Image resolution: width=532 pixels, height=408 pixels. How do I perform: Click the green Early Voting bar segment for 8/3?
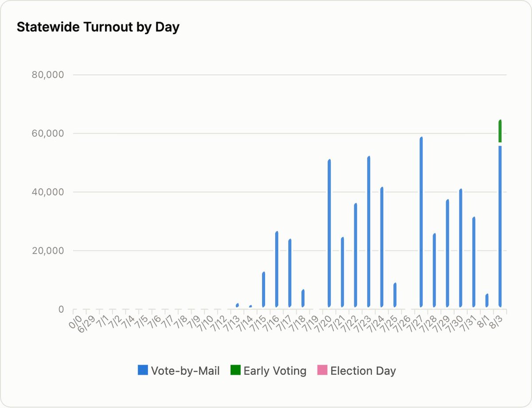pos(500,131)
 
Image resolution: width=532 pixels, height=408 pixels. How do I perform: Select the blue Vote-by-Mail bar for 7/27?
pos(421,222)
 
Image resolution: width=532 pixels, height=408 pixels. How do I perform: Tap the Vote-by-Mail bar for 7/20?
pos(329,233)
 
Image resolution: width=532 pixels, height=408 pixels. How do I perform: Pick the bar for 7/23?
pos(369,231)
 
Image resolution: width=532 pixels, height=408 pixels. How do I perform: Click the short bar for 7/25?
pos(395,295)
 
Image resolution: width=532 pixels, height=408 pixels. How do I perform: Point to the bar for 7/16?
pos(277,269)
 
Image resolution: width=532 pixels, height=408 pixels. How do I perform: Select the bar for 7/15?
pos(263,290)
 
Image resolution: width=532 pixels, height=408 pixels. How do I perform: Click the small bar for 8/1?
pos(487,300)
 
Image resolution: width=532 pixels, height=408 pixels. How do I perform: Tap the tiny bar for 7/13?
pos(237,305)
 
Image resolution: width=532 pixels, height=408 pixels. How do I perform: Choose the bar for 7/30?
pos(461,248)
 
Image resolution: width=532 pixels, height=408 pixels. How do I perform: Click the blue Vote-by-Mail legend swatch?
pos(143,370)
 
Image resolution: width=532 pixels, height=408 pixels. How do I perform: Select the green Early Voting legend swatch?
pos(235,370)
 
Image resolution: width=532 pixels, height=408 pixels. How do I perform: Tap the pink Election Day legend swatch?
pos(322,370)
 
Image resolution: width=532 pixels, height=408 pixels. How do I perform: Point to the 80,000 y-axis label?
pos(48,75)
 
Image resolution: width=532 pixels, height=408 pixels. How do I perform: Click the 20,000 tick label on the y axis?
pos(48,251)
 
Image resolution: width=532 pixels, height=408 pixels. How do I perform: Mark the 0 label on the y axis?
pos(61,309)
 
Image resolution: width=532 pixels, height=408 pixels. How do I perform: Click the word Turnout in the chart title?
pos(108,27)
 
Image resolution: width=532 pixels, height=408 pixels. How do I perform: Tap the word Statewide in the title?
pos(48,27)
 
